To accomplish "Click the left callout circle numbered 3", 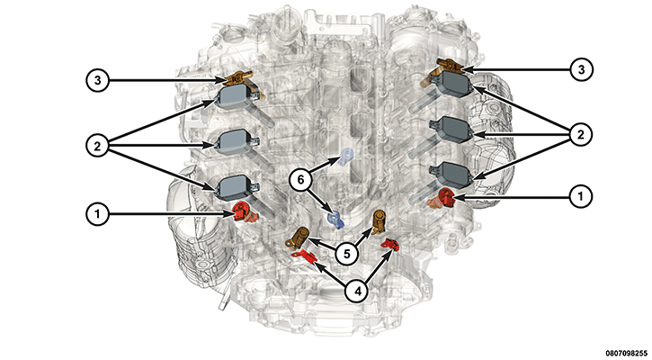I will pyautogui.click(x=99, y=79).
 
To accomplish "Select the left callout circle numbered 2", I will pyautogui.click(x=99, y=142).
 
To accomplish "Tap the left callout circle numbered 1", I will pyautogui.click(x=99, y=213).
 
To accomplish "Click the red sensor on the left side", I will pyautogui.click(x=242, y=211).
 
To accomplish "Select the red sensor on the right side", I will pyautogui.click(x=443, y=198).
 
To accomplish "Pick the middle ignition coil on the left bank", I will pyautogui.click(x=231, y=140).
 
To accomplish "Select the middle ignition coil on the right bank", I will pyautogui.click(x=452, y=128).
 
